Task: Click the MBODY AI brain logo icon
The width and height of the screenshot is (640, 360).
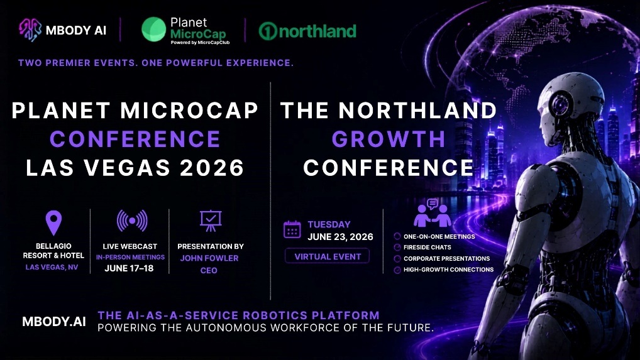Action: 30,30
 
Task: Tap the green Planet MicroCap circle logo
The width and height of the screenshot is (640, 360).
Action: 154,30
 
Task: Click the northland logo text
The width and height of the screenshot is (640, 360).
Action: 307,31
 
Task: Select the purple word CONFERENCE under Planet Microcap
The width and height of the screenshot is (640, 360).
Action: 135,139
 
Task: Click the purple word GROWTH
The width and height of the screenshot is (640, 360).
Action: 389,139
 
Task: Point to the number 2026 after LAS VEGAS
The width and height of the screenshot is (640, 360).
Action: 212,168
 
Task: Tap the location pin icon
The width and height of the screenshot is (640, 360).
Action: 53,223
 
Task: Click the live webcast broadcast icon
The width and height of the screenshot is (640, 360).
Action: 132,221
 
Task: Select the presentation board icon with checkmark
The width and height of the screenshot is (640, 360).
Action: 211,221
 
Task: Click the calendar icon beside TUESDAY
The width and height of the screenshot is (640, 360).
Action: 292,229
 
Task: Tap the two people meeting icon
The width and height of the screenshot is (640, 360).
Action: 433,213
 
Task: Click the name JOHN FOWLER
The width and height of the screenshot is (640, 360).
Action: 209,258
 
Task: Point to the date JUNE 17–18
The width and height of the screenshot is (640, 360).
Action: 129,268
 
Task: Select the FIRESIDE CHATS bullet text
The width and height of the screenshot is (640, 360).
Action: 428,247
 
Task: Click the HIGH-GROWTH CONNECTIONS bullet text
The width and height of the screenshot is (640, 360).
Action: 449,270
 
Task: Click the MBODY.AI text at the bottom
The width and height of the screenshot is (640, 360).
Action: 54,322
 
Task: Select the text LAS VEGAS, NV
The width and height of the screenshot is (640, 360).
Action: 52,267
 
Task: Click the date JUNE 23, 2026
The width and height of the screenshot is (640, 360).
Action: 340,237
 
